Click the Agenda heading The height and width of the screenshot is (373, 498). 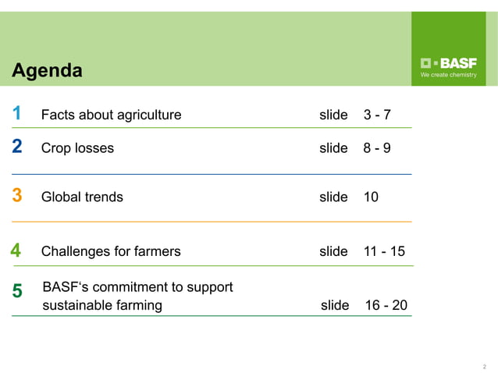pyautogui.click(x=48, y=71)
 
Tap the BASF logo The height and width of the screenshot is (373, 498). pyautogui.click(x=449, y=63)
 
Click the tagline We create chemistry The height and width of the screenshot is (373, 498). pyautogui.click(x=449, y=76)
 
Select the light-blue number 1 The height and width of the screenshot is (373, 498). pyautogui.click(x=16, y=114)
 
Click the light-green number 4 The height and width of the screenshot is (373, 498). pyautogui.click(x=16, y=250)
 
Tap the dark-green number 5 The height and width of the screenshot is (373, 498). pyautogui.click(x=17, y=291)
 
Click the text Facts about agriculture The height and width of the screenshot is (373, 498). pyautogui.click(x=111, y=115)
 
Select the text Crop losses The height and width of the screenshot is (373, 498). pyautogui.click(x=77, y=148)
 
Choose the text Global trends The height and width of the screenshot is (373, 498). pyautogui.click(x=82, y=197)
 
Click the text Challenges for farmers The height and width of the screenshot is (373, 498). pyautogui.click(x=111, y=251)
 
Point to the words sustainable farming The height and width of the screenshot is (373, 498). pyautogui.click(x=102, y=305)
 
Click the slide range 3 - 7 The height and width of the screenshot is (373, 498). pyautogui.click(x=377, y=115)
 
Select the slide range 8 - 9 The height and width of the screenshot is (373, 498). pyautogui.click(x=377, y=148)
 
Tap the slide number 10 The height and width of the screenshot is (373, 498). pyautogui.click(x=371, y=197)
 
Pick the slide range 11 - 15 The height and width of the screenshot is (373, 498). pyautogui.click(x=384, y=251)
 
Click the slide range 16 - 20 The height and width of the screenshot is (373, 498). pyautogui.click(x=386, y=305)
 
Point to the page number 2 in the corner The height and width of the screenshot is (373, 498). pyautogui.click(x=485, y=366)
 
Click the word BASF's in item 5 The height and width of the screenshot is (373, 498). pyautogui.click(x=64, y=287)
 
